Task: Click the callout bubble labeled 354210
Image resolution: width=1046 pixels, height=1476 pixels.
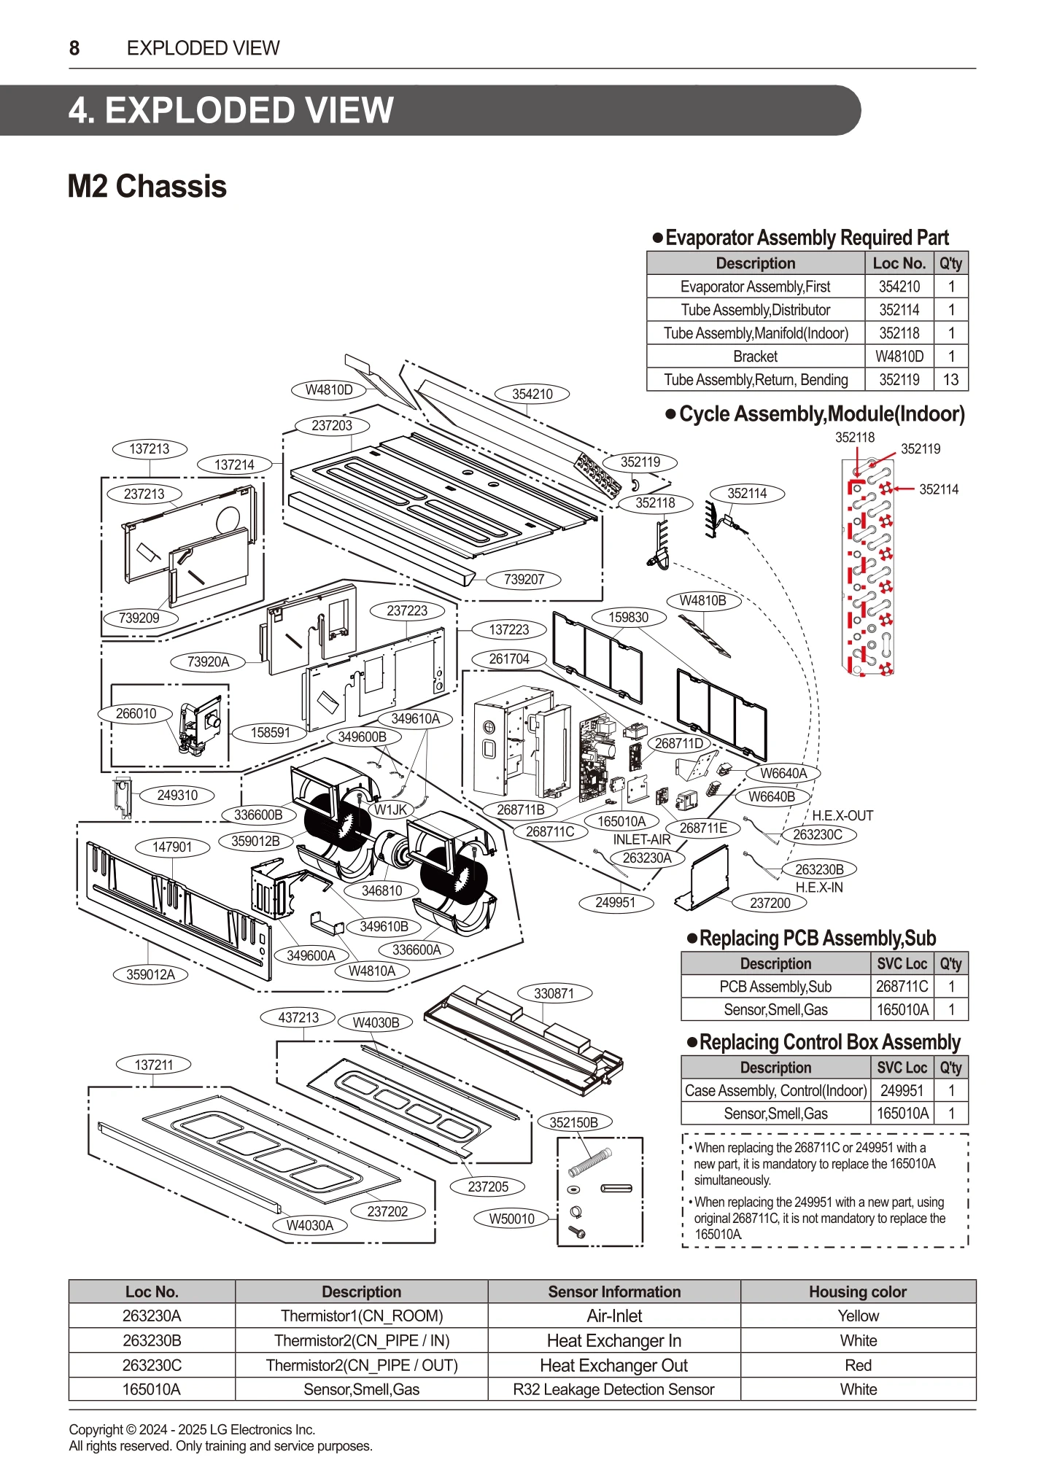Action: pyautogui.click(x=532, y=394)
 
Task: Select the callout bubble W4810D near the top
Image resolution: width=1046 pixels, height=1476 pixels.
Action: pyautogui.click(x=328, y=389)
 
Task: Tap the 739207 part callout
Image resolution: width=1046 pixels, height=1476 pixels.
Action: pyautogui.click(x=524, y=579)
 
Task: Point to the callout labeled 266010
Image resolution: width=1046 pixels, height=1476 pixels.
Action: pyautogui.click(x=136, y=713)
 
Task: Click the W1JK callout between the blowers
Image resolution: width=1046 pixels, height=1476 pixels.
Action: pyautogui.click(x=391, y=809)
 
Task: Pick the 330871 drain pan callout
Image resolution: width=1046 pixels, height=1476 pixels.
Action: pyautogui.click(x=554, y=993)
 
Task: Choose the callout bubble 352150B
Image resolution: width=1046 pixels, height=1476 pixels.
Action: pyautogui.click(x=573, y=1122)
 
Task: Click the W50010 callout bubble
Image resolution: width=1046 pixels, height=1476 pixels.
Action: pyautogui.click(x=511, y=1219)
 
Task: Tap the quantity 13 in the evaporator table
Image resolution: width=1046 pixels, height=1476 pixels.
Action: pyautogui.click(x=950, y=379)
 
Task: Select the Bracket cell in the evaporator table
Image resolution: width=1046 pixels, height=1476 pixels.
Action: pyautogui.click(x=755, y=356)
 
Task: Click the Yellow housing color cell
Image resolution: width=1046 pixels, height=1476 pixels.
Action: pyautogui.click(x=858, y=1316)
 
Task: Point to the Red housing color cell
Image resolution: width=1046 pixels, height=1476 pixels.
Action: pyautogui.click(x=858, y=1365)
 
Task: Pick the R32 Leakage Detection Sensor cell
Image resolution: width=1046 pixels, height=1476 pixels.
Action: pyautogui.click(x=613, y=1389)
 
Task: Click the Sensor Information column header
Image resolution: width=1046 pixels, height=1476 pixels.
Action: pyautogui.click(x=613, y=1291)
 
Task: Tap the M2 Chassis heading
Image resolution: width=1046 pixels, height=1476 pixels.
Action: pyautogui.click(x=147, y=186)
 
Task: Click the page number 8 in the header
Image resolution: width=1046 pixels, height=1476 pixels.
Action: pyautogui.click(x=74, y=48)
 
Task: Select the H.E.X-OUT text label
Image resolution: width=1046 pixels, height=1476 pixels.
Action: pyautogui.click(x=842, y=815)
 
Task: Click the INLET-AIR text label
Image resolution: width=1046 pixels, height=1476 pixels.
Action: pyautogui.click(x=641, y=839)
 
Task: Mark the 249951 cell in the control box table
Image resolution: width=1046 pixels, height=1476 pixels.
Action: pyautogui.click(x=902, y=1090)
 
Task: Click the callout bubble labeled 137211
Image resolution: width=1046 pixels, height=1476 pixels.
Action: pyautogui.click(x=153, y=1065)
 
